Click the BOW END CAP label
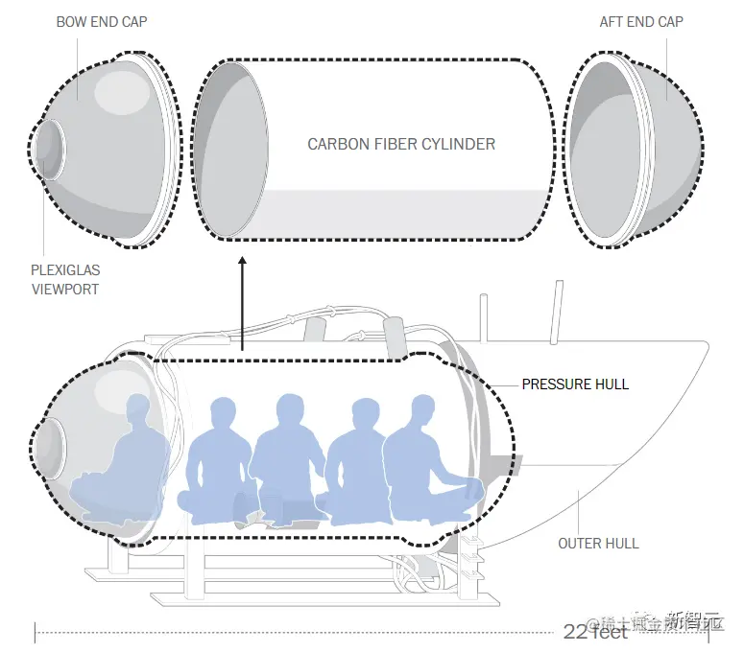click(103, 22)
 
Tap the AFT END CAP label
click(641, 22)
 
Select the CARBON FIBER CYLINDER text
click(401, 145)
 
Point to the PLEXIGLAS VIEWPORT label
click(65, 280)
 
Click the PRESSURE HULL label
click(575, 384)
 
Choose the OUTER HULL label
click(598, 544)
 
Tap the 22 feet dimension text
click(595, 631)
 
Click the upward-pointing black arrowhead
click(242, 261)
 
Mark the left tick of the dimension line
click(36, 632)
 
